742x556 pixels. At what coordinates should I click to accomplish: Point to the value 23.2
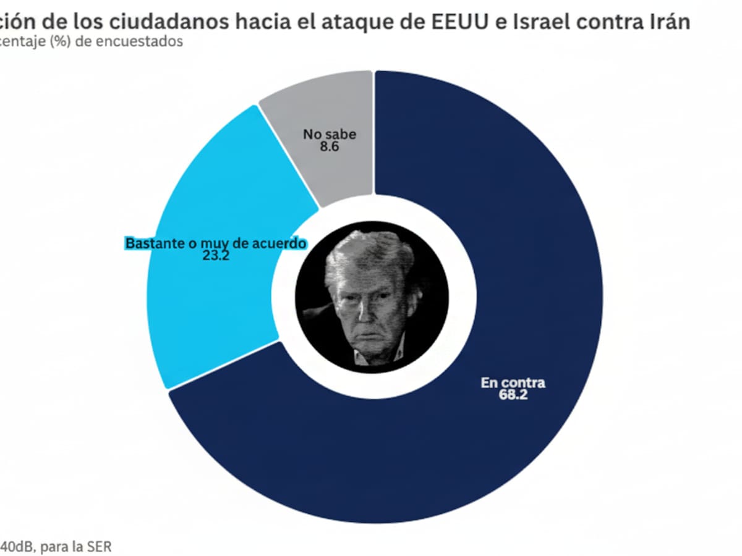click(x=216, y=256)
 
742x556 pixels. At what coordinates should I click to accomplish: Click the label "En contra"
click(x=513, y=382)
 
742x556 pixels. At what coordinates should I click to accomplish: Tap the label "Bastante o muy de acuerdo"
click(x=216, y=243)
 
